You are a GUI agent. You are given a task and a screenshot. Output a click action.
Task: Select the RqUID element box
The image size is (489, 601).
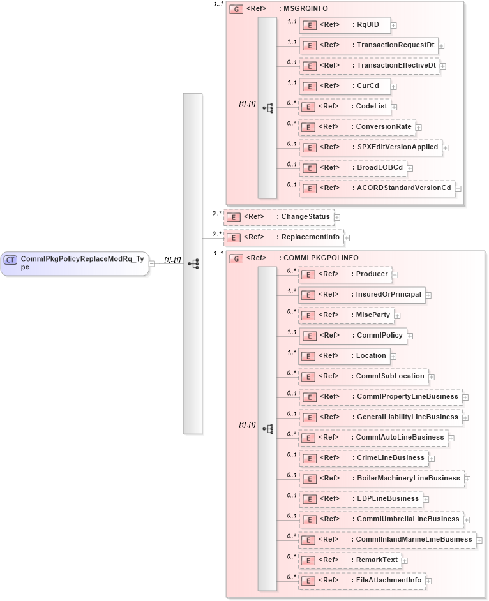(x=345, y=25)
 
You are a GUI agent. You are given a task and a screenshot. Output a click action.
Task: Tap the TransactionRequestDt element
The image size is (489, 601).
(x=368, y=45)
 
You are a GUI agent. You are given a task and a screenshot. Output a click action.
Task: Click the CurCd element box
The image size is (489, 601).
(x=345, y=86)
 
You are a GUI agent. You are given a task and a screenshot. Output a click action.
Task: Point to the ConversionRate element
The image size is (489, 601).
(x=357, y=127)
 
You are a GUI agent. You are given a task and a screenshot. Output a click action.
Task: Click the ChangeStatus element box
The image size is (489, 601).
(x=278, y=217)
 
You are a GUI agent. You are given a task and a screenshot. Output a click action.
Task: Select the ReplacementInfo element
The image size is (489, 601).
(x=283, y=237)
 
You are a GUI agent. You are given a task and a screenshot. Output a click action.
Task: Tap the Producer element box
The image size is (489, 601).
(x=345, y=274)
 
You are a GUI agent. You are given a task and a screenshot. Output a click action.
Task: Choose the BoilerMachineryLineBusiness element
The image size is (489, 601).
(x=381, y=479)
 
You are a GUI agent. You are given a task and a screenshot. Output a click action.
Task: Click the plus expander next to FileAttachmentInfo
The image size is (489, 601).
(x=429, y=581)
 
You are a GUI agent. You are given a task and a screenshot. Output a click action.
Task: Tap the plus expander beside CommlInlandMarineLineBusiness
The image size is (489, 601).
(x=479, y=540)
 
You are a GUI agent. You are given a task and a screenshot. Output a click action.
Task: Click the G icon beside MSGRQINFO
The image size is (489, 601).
(x=236, y=9)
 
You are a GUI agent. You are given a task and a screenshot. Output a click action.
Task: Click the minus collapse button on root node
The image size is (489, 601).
(x=152, y=263)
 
